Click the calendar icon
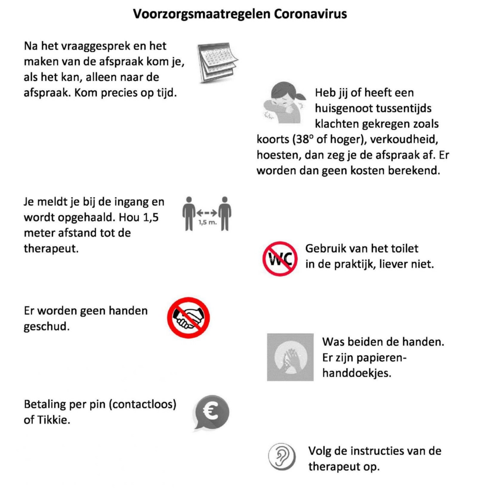(x=217, y=62)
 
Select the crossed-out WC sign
(x=280, y=258)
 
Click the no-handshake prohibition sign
(x=188, y=318)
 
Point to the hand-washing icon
(x=290, y=357)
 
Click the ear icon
(x=282, y=457)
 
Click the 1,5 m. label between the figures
(x=207, y=223)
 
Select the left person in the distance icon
(x=189, y=213)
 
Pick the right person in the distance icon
(x=225, y=213)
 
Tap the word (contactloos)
(x=142, y=404)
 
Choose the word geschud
(x=46, y=326)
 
